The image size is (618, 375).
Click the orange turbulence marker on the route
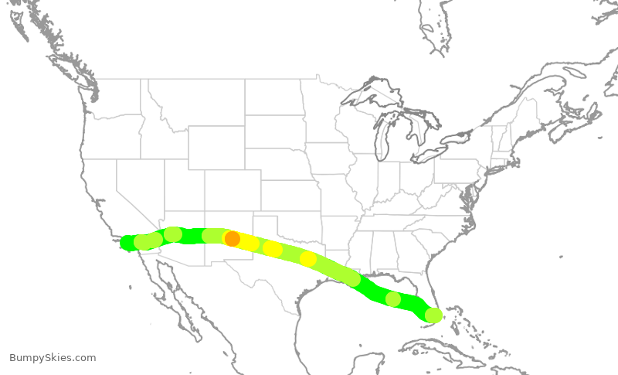(232, 239)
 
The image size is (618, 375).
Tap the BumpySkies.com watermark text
(53, 357)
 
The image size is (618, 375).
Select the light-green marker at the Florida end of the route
(433, 315)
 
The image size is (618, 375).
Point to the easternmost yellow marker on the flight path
(307, 259)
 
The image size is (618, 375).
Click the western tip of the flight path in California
(125, 244)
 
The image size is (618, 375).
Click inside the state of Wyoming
(216, 147)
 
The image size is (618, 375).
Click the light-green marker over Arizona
(173, 234)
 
